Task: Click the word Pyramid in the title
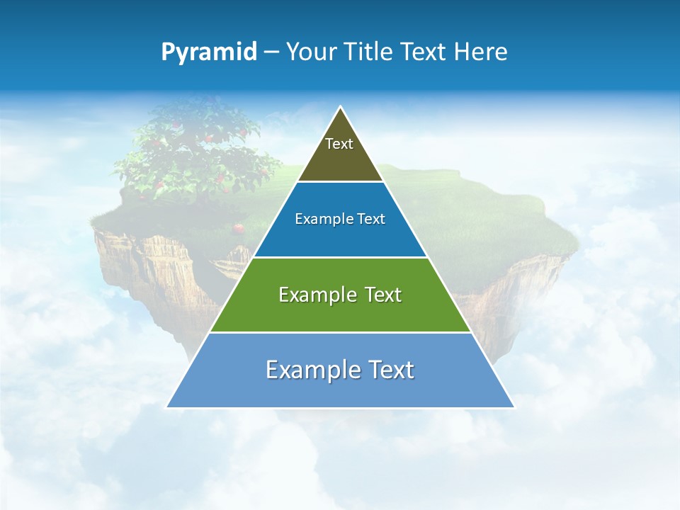tap(209, 52)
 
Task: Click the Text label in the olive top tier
tap(339, 144)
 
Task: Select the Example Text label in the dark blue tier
tap(340, 219)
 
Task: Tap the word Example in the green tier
tap(310, 295)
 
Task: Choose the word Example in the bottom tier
tap(305, 370)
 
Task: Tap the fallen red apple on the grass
tap(239, 228)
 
